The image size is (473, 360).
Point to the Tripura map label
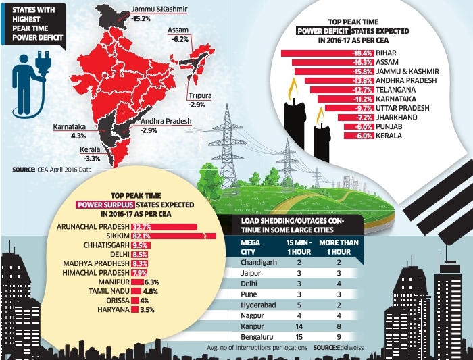click(200, 96)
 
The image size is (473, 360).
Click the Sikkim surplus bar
click(173, 236)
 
